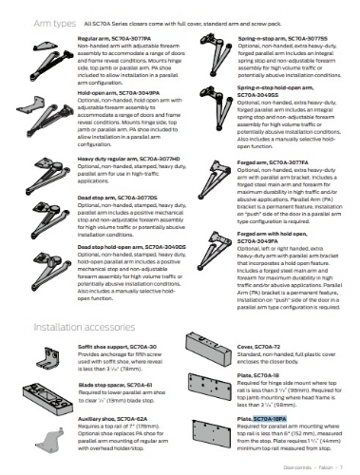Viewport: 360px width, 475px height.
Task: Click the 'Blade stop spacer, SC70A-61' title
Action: pyautogui.click(x=115, y=359)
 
